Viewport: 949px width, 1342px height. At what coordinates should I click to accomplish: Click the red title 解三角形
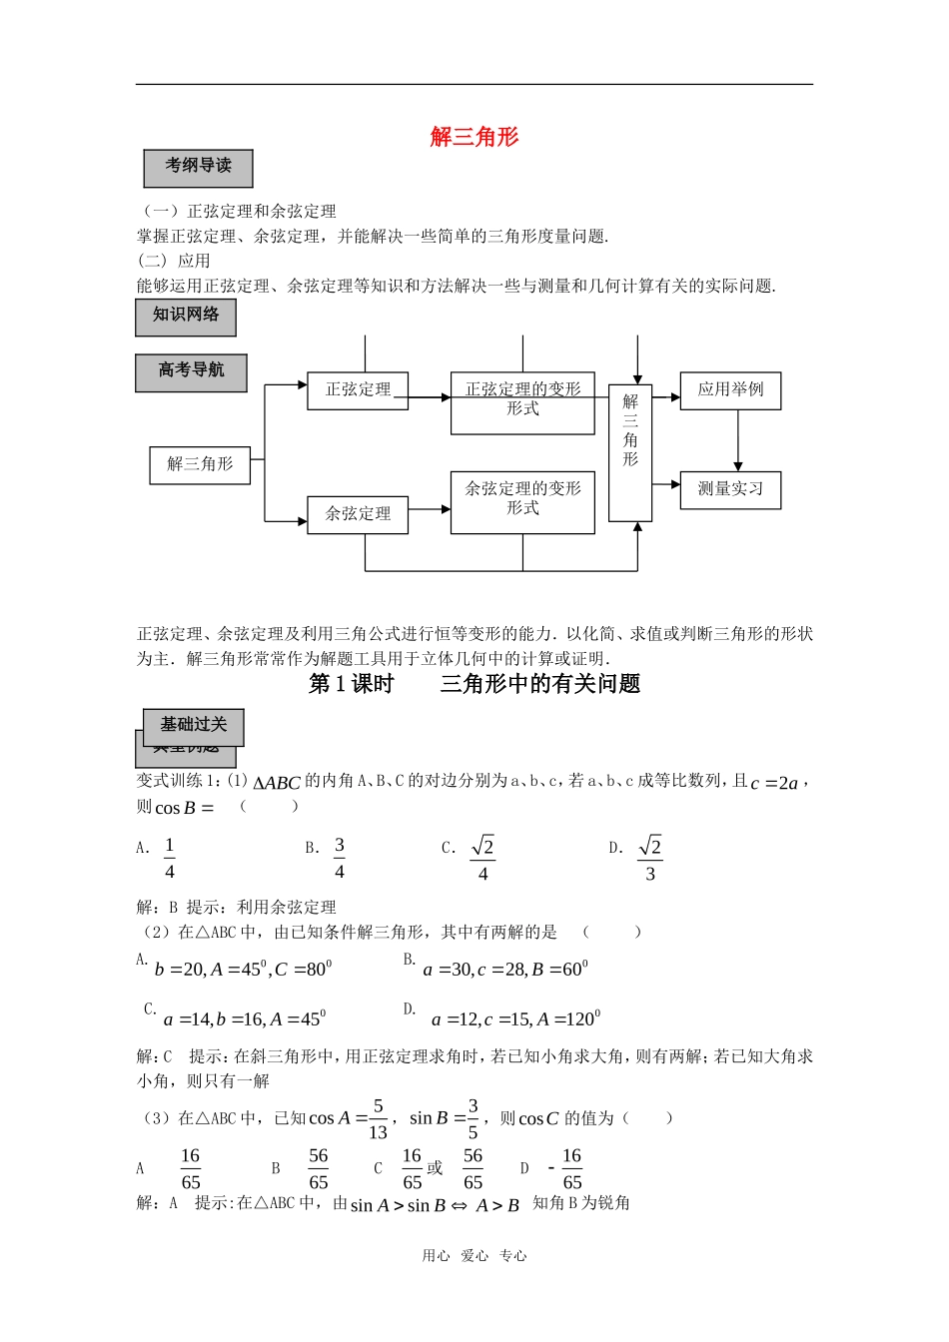pyautogui.click(x=474, y=137)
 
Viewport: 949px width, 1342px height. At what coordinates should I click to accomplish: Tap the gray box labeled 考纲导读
pyautogui.click(x=198, y=168)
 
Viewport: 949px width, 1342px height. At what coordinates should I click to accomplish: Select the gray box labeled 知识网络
pyautogui.click(x=186, y=317)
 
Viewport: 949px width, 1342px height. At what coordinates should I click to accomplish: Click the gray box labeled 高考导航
pyautogui.click(x=191, y=372)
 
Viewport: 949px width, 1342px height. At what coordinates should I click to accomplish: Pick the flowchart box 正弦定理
pyautogui.click(x=358, y=390)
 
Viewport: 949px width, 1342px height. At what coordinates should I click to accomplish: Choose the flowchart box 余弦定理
pyautogui.click(x=358, y=514)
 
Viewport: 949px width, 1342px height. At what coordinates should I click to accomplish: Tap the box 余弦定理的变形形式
pyautogui.click(x=522, y=501)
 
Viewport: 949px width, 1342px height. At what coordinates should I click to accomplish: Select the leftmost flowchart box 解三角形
pyautogui.click(x=200, y=464)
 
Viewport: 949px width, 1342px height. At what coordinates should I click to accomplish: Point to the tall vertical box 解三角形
pyautogui.click(x=630, y=451)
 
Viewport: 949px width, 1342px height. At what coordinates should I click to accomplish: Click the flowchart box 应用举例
pyautogui.click(x=730, y=390)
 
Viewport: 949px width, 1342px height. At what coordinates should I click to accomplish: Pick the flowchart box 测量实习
pyautogui.click(x=730, y=489)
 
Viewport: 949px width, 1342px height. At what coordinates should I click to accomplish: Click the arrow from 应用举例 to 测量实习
pyautogui.click(x=738, y=439)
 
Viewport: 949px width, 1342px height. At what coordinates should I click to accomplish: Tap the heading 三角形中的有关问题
pyautogui.click(x=539, y=684)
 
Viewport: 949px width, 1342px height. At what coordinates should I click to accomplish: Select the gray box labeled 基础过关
pyautogui.click(x=194, y=726)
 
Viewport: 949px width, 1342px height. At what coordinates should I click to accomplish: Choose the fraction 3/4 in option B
pyautogui.click(x=340, y=858)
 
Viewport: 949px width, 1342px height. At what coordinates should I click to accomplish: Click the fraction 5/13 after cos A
pyautogui.click(x=378, y=1119)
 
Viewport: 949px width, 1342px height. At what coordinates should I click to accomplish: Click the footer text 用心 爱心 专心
pyautogui.click(x=474, y=1256)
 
